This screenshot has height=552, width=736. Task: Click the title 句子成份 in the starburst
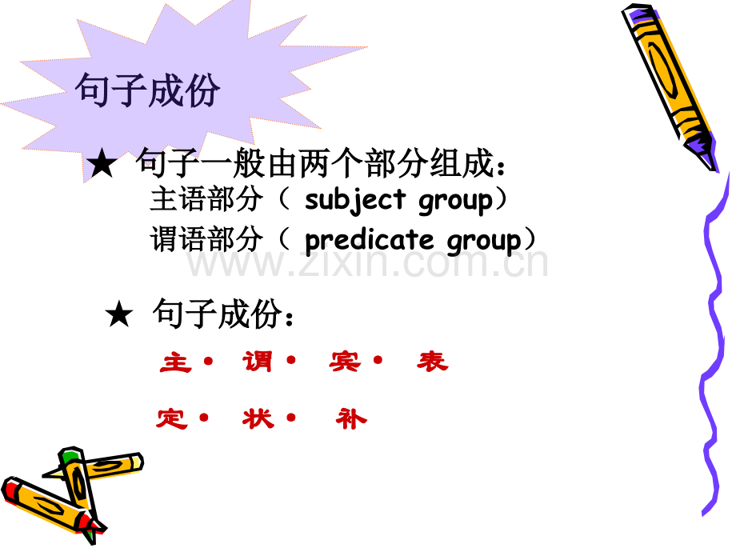pyautogui.click(x=147, y=92)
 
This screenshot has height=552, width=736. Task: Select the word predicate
pyautogui.click(x=370, y=240)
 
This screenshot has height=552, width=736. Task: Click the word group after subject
pyautogui.click(x=455, y=200)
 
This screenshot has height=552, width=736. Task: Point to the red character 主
pyautogui.click(x=176, y=362)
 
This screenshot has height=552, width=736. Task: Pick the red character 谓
pyautogui.click(x=258, y=362)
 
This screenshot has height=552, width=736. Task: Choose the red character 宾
pyautogui.click(x=345, y=362)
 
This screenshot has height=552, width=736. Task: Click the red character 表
pyautogui.click(x=432, y=362)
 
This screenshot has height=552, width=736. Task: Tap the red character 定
pyautogui.click(x=172, y=418)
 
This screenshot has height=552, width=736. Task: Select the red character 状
pyautogui.click(x=258, y=418)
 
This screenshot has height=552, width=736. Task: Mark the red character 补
pyautogui.click(x=351, y=418)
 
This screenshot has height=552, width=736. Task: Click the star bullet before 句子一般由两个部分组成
pyautogui.click(x=102, y=166)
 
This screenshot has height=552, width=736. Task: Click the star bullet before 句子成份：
pyautogui.click(x=118, y=316)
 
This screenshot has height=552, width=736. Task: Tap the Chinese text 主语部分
pyautogui.click(x=206, y=200)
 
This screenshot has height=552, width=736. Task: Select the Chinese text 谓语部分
pyautogui.click(x=206, y=240)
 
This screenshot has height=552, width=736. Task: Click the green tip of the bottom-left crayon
pyautogui.click(x=70, y=457)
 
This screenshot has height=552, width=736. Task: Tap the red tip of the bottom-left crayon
pyautogui.click(x=12, y=488)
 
